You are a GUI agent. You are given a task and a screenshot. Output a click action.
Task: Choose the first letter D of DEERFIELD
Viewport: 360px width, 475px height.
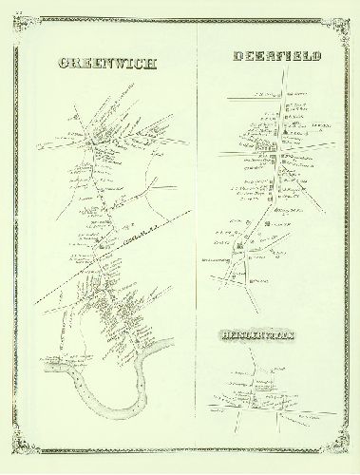[x=237, y=57]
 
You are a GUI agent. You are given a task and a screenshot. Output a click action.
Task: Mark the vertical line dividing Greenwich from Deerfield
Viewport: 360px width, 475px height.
[x=196, y=237]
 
